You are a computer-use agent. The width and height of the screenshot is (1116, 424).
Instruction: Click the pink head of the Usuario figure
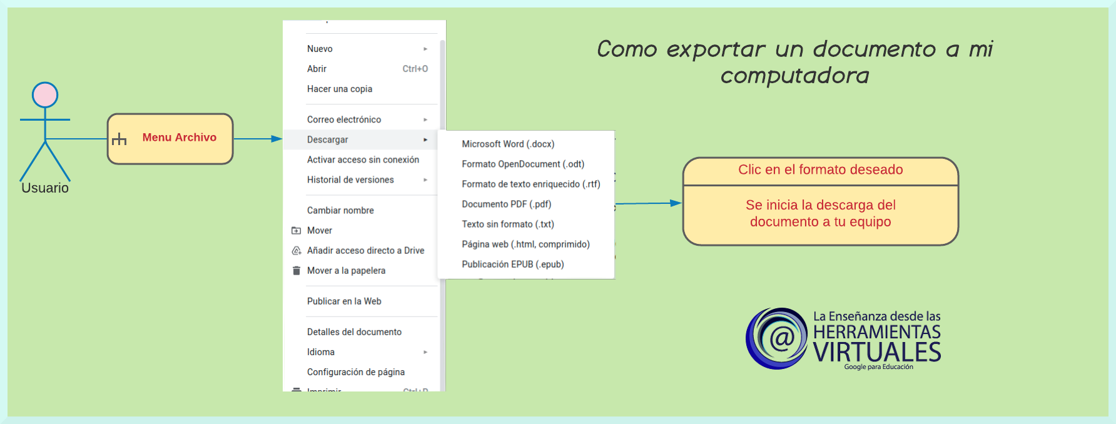pos(45,95)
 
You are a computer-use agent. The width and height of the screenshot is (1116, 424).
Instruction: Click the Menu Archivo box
pos(170,139)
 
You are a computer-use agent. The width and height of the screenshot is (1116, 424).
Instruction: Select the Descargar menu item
pos(328,139)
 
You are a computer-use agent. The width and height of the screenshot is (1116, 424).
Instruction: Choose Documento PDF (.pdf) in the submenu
pos(507,204)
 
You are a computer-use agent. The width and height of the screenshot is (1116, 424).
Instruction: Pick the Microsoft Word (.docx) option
pos(508,144)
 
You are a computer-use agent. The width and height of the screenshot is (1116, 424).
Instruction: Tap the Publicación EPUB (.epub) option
pos(513,264)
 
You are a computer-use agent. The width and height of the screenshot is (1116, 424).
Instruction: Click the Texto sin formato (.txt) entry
pos(508,224)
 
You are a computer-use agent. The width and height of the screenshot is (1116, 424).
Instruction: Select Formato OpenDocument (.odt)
pos(523,164)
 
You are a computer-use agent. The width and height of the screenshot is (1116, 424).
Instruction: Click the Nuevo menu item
pos(320,49)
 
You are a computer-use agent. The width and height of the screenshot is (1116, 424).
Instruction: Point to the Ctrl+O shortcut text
pos(415,69)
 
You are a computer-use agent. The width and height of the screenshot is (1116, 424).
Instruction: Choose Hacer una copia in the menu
pos(340,89)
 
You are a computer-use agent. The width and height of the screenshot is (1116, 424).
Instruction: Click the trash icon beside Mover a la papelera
pos(297,270)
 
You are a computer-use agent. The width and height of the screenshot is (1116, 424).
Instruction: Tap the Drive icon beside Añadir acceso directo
pos(297,250)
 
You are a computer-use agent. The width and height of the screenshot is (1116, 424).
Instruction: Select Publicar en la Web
pos(344,301)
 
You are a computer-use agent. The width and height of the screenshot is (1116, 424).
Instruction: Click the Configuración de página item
pos(356,371)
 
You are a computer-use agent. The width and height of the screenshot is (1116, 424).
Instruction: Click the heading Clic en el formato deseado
pos(821,169)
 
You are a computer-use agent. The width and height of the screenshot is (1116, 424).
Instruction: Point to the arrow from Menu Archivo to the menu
pos(258,139)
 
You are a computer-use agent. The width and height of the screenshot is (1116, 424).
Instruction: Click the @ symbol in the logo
pos(782,338)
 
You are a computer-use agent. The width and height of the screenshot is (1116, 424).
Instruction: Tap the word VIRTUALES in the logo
pos(877,352)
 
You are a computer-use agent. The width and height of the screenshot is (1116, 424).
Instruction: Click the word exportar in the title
pos(716,49)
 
